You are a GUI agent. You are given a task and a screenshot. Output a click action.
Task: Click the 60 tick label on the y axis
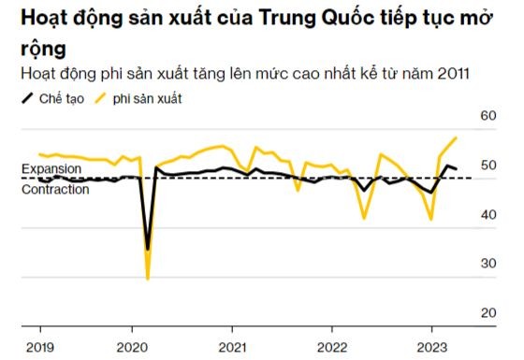point(487,117)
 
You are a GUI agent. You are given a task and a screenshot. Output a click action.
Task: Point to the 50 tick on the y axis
point(487,166)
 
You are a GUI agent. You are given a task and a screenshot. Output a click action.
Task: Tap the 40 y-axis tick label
point(487,214)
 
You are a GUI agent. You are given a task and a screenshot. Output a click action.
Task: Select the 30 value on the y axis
point(487,263)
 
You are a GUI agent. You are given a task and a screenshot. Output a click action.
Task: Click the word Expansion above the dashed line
point(51,168)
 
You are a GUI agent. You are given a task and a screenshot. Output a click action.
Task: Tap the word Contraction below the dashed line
point(55,189)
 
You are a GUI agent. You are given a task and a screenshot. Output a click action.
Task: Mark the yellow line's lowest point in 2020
point(148,278)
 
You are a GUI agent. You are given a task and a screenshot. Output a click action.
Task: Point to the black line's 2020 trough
point(148,250)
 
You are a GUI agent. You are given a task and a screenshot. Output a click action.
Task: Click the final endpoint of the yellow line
point(456,137)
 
